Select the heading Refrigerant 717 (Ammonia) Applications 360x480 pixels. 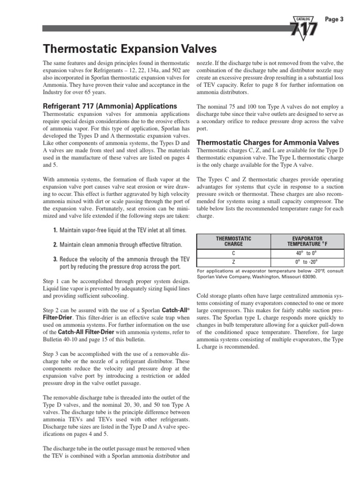tap(110, 106)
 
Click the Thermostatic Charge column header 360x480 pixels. tap(233, 241)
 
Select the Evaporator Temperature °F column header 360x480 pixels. tap(308, 241)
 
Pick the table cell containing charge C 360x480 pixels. tap(233, 253)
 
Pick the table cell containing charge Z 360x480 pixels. tap(233, 262)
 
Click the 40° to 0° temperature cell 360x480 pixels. tap(308, 253)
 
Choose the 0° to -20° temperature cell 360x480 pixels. tap(308, 262)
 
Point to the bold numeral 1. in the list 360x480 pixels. tap(55, 230)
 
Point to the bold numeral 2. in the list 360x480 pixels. tap(55, 245)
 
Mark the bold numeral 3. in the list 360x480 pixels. tap(55, 259)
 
